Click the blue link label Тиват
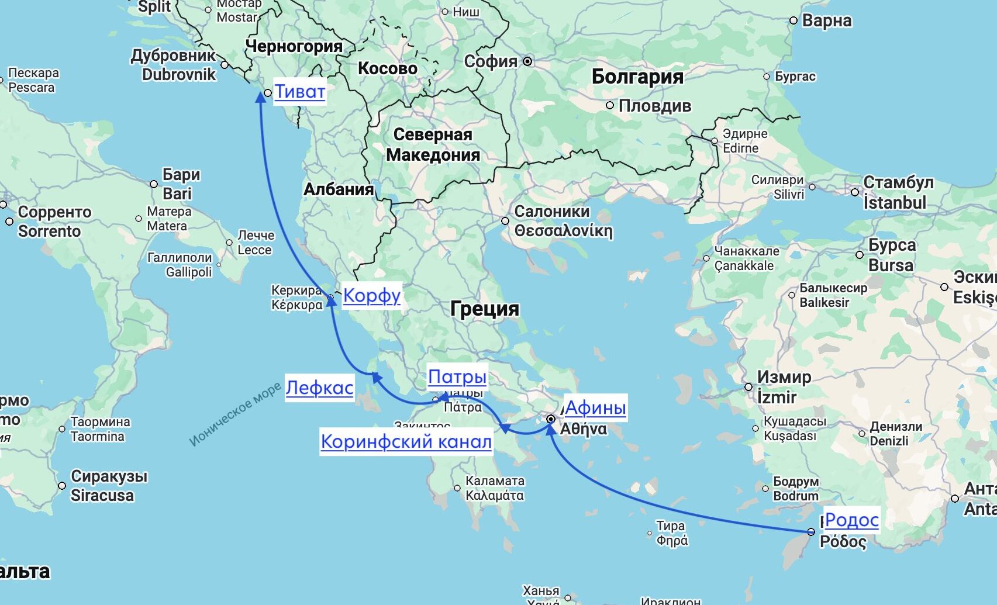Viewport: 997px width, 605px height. click(x=299, y=92)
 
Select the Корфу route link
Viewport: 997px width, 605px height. click(x=371, y=295)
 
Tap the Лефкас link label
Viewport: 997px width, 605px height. click(x=319, y=388)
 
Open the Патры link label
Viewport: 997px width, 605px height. click(x=457, y=376)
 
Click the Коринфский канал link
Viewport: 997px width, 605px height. click(x=406, y=441)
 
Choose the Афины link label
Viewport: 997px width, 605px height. click(x=595, y=407)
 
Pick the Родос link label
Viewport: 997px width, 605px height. click(x=851, y=520)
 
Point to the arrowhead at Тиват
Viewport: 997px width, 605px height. click(x=261, y=97)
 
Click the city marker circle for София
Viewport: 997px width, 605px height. click(x=527, y=61)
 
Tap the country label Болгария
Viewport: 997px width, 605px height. click(x=637, y=77)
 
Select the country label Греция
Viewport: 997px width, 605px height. click(x=485, y=309)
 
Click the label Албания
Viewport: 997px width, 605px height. click(x=339, y=189)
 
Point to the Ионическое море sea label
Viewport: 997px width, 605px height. click(x=234, y=414)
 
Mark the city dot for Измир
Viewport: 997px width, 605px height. click(x=748, y=387)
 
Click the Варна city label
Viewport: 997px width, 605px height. click(x=826, y=20)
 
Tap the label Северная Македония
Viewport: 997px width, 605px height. click(x=433, y=144)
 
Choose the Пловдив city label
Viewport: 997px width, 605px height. click(x=654, y=106)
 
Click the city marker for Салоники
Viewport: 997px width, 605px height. click(x=505, y=221)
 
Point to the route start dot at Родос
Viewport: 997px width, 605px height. click(x=810, y=532)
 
